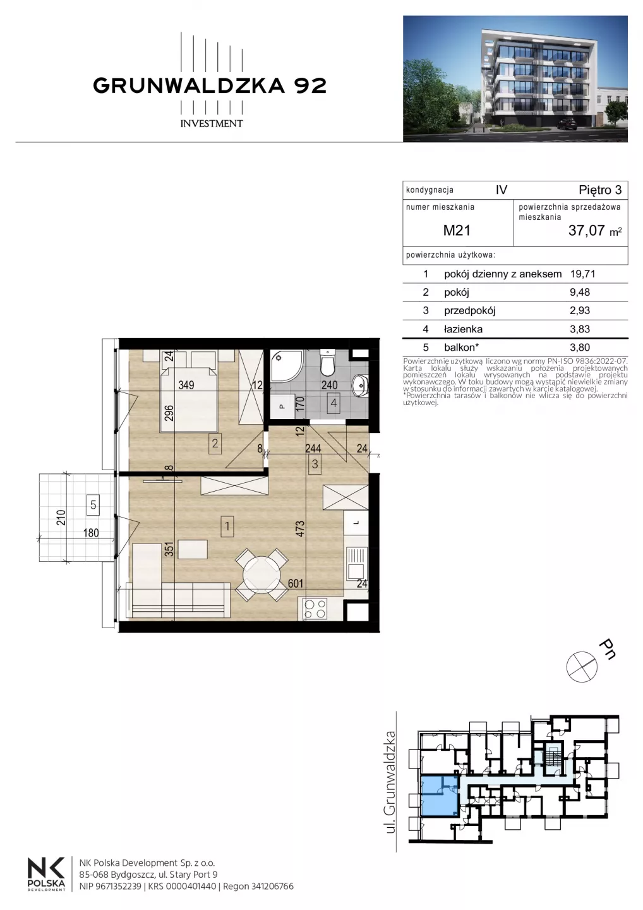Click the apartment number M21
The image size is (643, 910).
[457, 230]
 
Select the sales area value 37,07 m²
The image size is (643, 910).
[595, 231]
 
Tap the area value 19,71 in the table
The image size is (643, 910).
[582, 274]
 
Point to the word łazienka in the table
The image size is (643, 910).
[463, 329]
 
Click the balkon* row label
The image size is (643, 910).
[462, 348]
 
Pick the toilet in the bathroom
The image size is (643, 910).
[327, 362]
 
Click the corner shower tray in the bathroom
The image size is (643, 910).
[287, 367]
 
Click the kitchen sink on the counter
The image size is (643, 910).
[356, 563]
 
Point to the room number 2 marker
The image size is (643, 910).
[215, 443]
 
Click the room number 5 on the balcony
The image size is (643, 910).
[93, 505]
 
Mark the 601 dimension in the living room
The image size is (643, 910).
[296, 583]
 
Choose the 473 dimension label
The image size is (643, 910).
[301, 529]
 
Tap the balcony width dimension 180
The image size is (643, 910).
[91, 533]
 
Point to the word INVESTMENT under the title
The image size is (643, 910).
[212, 123]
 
